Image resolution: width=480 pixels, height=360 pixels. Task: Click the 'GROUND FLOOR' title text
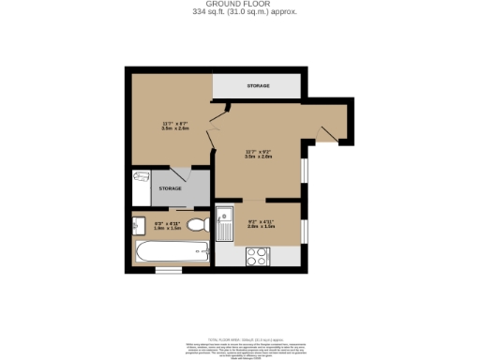pyautogui.click(x=239, y=4)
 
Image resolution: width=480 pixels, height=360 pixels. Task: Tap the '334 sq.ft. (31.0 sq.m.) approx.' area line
pyautogui.click(x=239, y=12)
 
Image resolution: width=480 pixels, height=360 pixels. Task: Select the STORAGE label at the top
pyautogui.click(x=258, y=86)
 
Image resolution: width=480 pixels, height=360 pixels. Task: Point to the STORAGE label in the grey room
pyautogui.click(x=170, y=188)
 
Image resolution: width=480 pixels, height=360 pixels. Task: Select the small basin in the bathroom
pyautogui.click(x=136, y=225)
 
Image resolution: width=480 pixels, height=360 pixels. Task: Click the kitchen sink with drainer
pyautogui.click(x=224, y=224)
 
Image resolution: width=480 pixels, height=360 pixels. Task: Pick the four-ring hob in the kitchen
pyautogui.click(x=257, y=256)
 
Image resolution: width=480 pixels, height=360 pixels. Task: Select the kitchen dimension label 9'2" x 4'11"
pyautogui.click(x=261, y=224)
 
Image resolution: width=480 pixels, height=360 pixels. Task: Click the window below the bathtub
pyautogui.click(x=169, y=271)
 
